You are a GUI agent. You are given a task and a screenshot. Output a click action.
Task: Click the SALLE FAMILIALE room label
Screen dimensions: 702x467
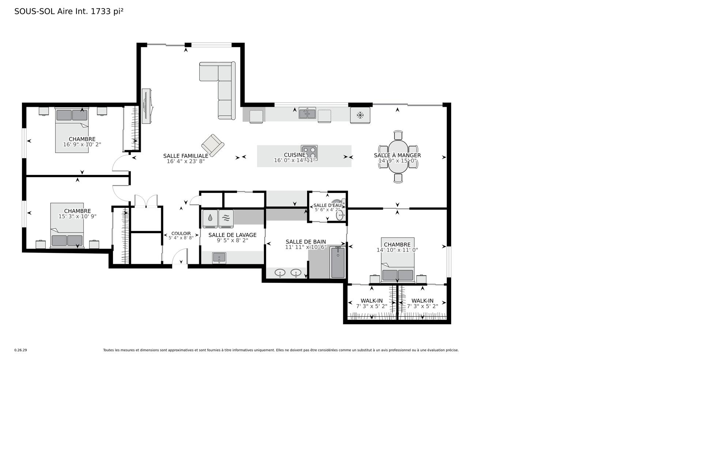coord(186,156)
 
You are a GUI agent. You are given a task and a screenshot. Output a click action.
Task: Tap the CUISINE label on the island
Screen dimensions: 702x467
coord(295,155)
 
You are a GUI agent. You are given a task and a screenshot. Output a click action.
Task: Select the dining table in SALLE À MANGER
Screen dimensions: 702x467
coord(398,157)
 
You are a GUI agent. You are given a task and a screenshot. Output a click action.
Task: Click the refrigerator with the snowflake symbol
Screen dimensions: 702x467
coord(360,115)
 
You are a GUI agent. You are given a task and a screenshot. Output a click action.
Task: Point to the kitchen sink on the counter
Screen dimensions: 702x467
coord(307,113)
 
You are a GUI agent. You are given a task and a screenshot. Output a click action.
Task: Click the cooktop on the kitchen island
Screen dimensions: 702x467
coord(309,153)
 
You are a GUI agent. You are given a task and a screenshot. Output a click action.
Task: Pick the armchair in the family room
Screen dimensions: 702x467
coord(213,145)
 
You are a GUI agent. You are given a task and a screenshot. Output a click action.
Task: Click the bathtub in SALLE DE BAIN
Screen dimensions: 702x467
coord(338,262)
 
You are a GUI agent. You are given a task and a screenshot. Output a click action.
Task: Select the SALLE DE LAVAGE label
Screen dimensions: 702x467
coord(233,235)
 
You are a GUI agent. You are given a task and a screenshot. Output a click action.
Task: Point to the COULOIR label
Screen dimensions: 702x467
coord(181,233)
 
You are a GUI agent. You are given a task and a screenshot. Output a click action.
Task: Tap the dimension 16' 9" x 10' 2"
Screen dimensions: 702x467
coord(82,145)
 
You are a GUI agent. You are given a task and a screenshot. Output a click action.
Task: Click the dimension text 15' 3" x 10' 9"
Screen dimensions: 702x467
coord(78,216)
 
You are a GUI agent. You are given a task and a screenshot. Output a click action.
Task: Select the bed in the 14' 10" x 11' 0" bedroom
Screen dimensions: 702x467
coord(397,260)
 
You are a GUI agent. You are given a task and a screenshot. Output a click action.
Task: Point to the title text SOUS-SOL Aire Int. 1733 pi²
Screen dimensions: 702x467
coord(69,11)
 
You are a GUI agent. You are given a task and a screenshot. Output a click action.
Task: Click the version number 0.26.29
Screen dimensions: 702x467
coord(20,350)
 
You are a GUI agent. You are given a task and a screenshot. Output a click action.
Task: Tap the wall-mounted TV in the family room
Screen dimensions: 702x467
coord(146,106)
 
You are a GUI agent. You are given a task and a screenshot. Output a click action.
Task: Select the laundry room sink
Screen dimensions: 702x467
coord(219,258)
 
